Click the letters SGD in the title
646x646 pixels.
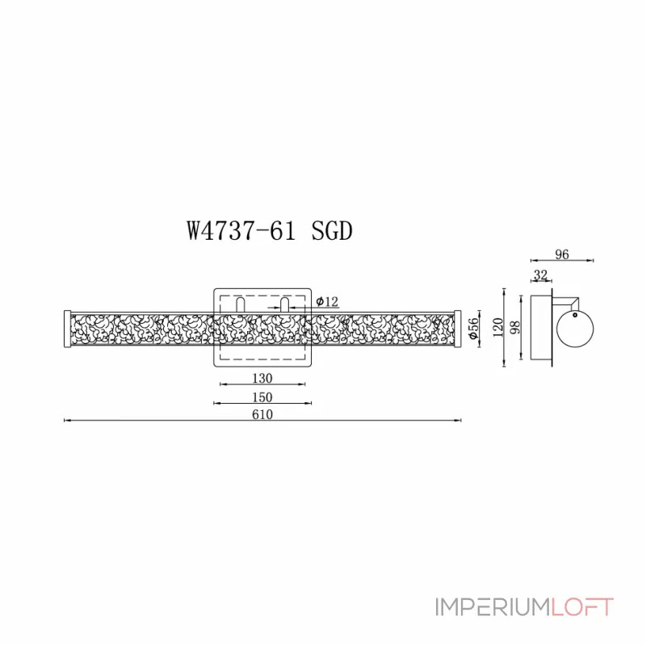332,232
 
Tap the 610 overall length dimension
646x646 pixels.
262,414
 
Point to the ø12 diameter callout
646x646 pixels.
327,301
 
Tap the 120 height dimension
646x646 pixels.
498,327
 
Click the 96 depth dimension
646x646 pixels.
562,254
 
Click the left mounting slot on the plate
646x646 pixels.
241,305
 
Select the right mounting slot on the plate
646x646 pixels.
284,305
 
